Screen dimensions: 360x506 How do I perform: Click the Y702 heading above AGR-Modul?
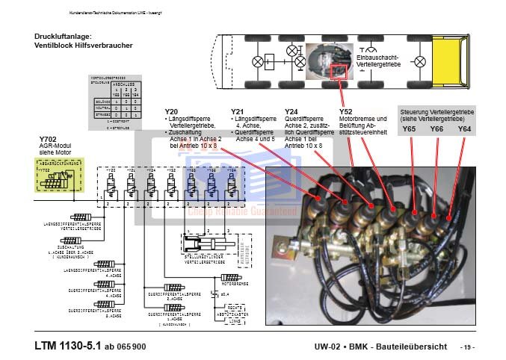[47, 140]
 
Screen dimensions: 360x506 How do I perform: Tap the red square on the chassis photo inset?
[338, 72]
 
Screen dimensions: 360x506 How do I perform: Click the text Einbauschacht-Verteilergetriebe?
[383, 60]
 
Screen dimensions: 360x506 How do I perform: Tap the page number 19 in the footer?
[467, 347]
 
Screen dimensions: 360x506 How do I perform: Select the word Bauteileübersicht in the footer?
[414, 347]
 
